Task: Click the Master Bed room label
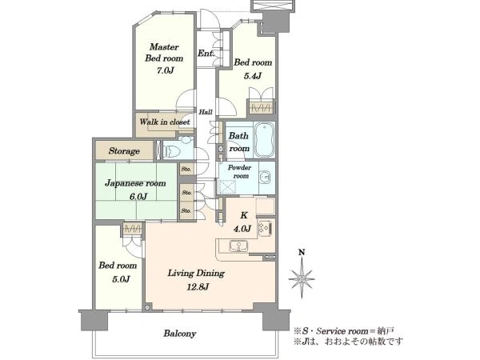pyautogui.click(x=164, y=53)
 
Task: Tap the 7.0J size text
pyautogui.click(x=166, y=70)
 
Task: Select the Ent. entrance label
pyautogui.click(x=206, y=54)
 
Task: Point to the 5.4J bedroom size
pyautogui.click(x=253, y=76)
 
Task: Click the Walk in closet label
pyautogui.click(x=165, y=122)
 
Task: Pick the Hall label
pyautogui.click(x=206, y=112)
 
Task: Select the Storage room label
pyautogui.click(x=124, y=151)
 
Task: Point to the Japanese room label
pyautogui.click(x=135, y=183)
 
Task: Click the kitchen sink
pyautogui.click(x=238, y=246)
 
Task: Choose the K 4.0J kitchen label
pyautogui.click(x=244, y=222)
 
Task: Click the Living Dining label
pyautogui.click(x=196, y=274)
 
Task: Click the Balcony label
pyautogui.click(x=180, y=334)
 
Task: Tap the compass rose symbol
pyautogui.click(x=302, y=278)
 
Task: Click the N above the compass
pyautogui.click(x=302, y=252)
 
